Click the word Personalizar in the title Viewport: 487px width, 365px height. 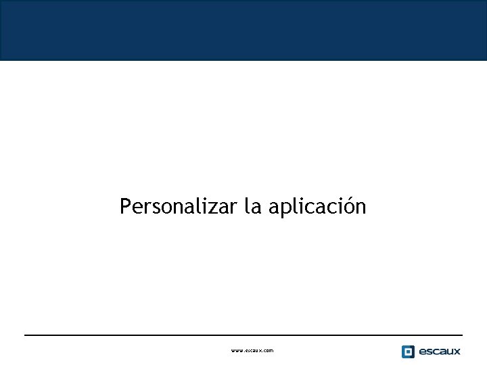coord(178,206)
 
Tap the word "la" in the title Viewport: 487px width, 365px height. coord(252,206)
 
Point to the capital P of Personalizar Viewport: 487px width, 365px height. coord(125,206)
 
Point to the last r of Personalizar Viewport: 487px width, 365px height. coord(233,208)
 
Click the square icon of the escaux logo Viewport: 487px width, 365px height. coord(408,351)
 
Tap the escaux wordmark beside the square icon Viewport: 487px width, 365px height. coord(440,351)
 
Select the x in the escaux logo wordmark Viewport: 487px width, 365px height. coord(457,351)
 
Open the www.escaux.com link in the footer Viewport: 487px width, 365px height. coord(252,351)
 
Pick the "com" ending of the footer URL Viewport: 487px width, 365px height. coord(268,351)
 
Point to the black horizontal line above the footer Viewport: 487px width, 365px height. coord(243,335)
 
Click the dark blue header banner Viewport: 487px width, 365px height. coord(243,30)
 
